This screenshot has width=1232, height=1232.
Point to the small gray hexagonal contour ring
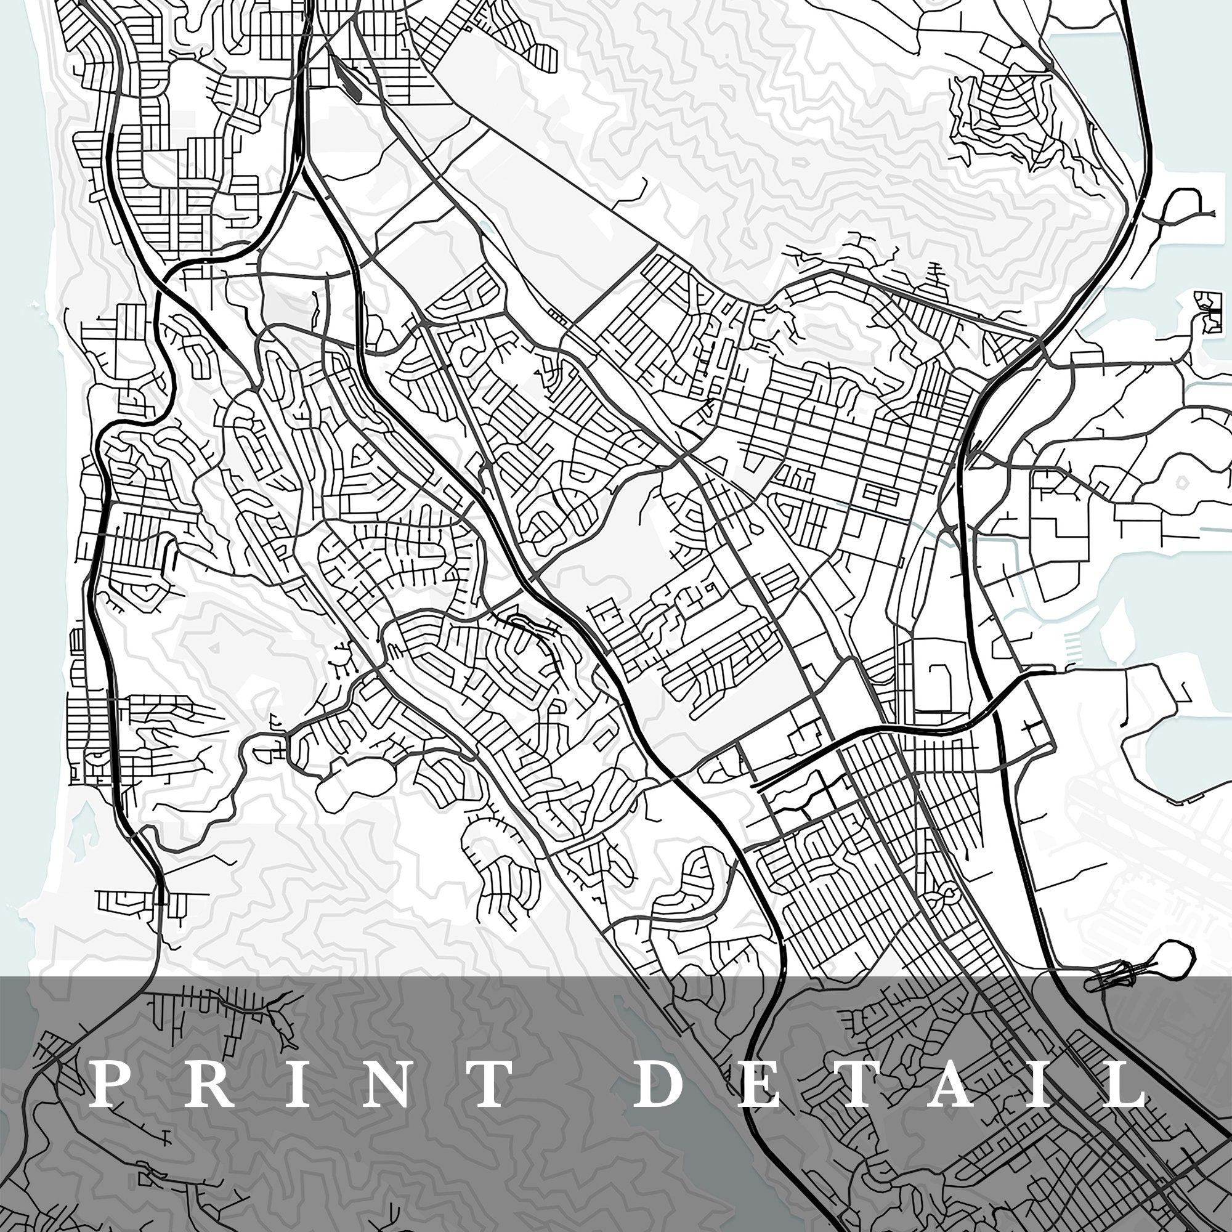(1181, 484)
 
